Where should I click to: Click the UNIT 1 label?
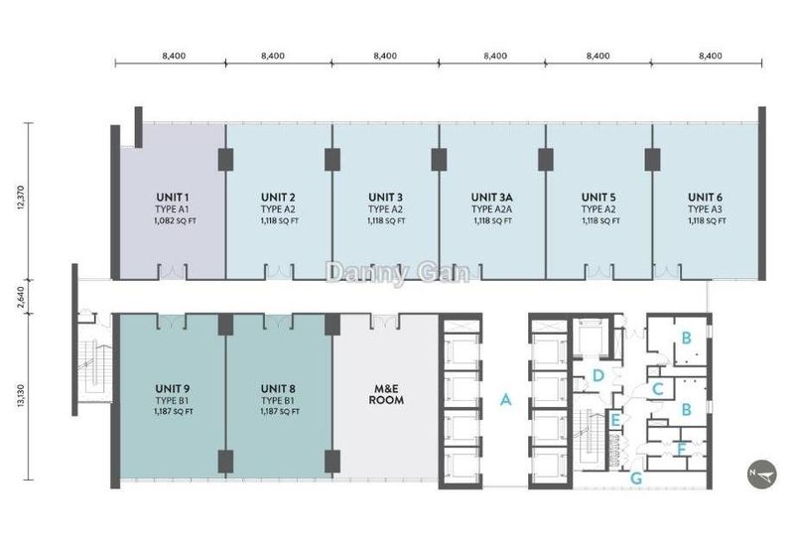(x=172, y=198)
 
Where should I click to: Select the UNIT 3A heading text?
(x=491, y=198)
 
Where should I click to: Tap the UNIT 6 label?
(x=705, y=198)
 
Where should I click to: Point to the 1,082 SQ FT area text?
(x=176, y=221)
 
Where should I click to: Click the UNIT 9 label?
(x=173, y=389)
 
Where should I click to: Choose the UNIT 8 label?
(x=278, y=389)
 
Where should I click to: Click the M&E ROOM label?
(x=386, y=394)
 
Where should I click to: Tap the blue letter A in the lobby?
(x=505, y=400)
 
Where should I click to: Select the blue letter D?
(x=598, y=376)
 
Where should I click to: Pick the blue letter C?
(x=658, y=389)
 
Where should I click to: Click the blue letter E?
(x=615, y=420)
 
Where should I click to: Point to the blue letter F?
(x=682, y=450)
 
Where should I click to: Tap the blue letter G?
(x=636, y=479)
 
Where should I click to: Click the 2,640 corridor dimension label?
(x=20, y=297)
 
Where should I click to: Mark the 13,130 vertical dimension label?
(x=20, y=396)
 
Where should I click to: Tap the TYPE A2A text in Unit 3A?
(x=491, y=209)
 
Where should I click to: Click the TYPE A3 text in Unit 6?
(x=705, y=209)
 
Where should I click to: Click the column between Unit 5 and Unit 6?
(x=652, y=160)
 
